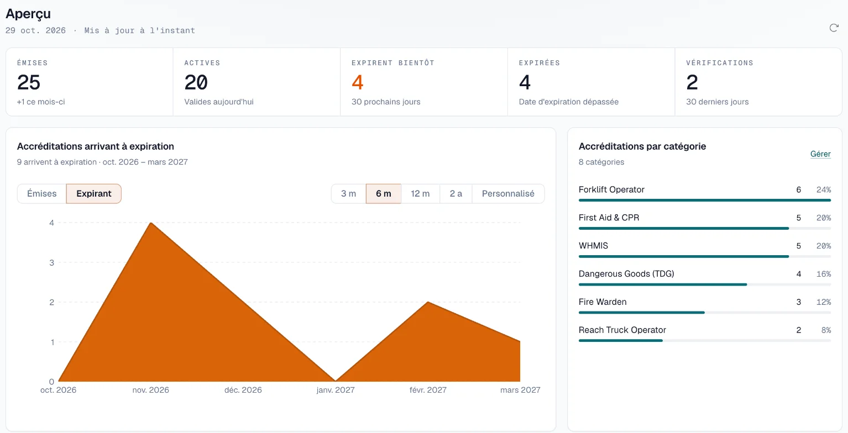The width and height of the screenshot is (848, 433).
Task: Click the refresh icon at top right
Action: [834, 28]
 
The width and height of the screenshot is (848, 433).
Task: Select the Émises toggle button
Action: [41, 194]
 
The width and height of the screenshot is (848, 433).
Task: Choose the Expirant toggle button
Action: [94, 194]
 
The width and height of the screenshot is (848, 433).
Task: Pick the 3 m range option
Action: [348, 194]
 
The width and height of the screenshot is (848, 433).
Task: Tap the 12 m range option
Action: [420, 194]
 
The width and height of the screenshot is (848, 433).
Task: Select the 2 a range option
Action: [456, 194]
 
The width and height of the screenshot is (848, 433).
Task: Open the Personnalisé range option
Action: [508, 194]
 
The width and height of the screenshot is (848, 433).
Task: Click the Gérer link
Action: [820, 154]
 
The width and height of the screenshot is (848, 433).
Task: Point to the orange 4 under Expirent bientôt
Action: [357, 82]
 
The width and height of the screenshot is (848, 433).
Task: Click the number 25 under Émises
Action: [29, 82]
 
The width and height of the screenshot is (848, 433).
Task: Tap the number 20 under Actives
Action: [196, 82]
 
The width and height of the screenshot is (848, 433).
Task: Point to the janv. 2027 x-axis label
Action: [336, 390]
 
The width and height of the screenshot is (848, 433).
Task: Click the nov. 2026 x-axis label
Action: [151, 390]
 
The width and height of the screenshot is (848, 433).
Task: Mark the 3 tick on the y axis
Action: [51, 262]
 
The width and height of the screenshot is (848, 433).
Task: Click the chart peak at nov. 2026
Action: [151, 223]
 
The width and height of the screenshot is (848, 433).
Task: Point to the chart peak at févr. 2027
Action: [428, 302]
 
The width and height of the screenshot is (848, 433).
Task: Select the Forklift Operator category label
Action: [611, 189]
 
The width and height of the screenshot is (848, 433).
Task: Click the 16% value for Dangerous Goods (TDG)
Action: [823, 274]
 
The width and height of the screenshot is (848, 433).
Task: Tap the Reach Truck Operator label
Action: [622, 330]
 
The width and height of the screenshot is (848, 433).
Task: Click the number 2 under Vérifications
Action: [692, 82]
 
